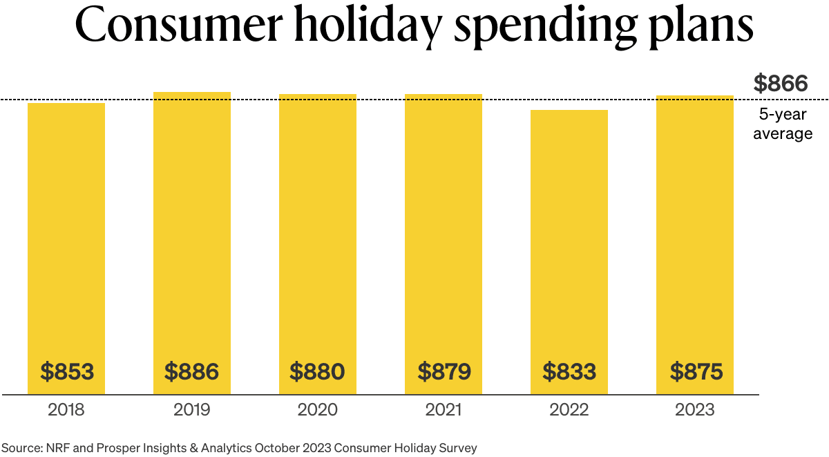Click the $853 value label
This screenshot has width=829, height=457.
pyautogui.click(x=66, y=372)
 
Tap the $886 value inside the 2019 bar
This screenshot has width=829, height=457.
pyautogui.click(x=191, y=372)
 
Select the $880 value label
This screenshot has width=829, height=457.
pyautogui.click(x=317, y=372)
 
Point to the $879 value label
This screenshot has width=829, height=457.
pyautogui.click(x=444, y=372)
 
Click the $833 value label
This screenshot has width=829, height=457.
pyautogui.click(x=569, y=372)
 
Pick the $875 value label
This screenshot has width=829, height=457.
pyautogui.click(x=696, y=372)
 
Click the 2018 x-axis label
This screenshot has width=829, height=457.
pyautogui.click(x=66, y=410)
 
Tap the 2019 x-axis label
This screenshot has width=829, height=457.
pyautogui.click(x=191, y=410)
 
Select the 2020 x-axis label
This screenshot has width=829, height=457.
pyautogui.click(x=317, y=410)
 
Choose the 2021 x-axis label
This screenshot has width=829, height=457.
pyautogui.click(x=444, y=410)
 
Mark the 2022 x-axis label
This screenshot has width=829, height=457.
pyautogui.click(x=569, y=410)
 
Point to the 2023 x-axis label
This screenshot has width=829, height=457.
pyautogui.click(x=696, y=410)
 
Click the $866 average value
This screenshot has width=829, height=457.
pyautogui.click(x=781, y=84)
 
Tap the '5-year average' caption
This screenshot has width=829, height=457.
pyautogui.click(x=783, y=124)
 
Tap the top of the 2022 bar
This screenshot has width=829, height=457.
pyautogui.click(x=569, y=111)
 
